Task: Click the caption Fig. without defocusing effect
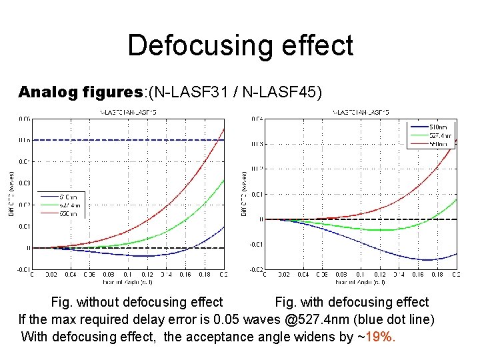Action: (x=137, y=303)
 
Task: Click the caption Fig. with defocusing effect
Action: (x=352, y=303)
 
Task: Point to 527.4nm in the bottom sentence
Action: (x=320, y=319)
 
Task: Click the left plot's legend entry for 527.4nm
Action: (x=69, y=205)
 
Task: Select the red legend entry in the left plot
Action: (x=69, y=213)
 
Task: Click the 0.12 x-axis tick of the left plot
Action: (x=147, y=274)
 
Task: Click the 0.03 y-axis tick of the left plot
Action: (x=24, y=183)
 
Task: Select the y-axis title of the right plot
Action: (x=245, y=193)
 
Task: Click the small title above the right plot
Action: (x=361, y=112)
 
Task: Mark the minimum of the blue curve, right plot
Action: (x=430, y=260)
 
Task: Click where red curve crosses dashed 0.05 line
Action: (x=213, y=140)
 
